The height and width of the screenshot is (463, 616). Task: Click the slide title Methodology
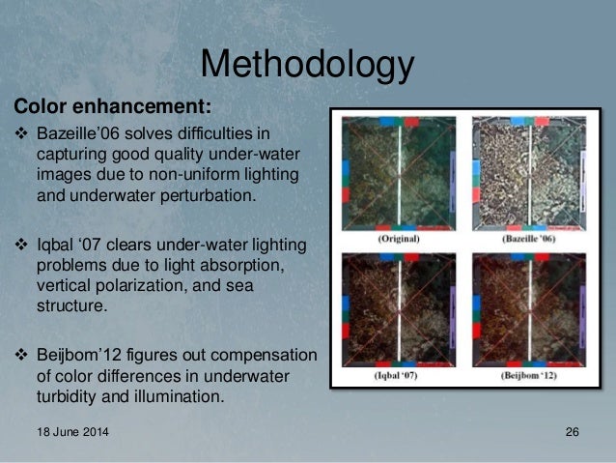(x=307, y=65)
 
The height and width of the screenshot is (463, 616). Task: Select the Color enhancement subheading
(x=111, y=103)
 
